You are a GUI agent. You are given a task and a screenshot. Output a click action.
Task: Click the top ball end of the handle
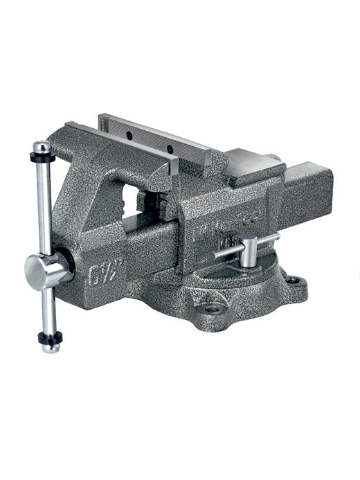[42, 147]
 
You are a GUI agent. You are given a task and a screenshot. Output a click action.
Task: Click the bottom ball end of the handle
[51, 347]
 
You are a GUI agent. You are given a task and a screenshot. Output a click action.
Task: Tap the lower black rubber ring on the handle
[50, 338]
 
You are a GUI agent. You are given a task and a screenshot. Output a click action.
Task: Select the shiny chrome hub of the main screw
[48, 269]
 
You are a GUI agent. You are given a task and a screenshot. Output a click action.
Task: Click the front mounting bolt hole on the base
[211, 309]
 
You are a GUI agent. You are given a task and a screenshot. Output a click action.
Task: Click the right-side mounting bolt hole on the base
[294, 281]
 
